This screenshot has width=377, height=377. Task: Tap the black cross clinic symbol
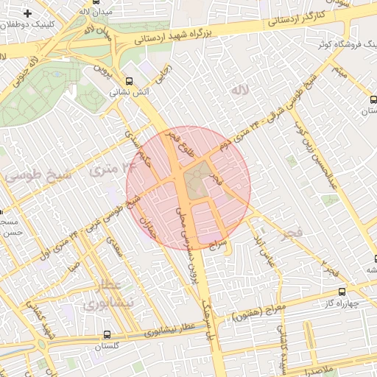click(27, 14)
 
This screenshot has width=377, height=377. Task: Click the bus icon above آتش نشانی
click(130, 81)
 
